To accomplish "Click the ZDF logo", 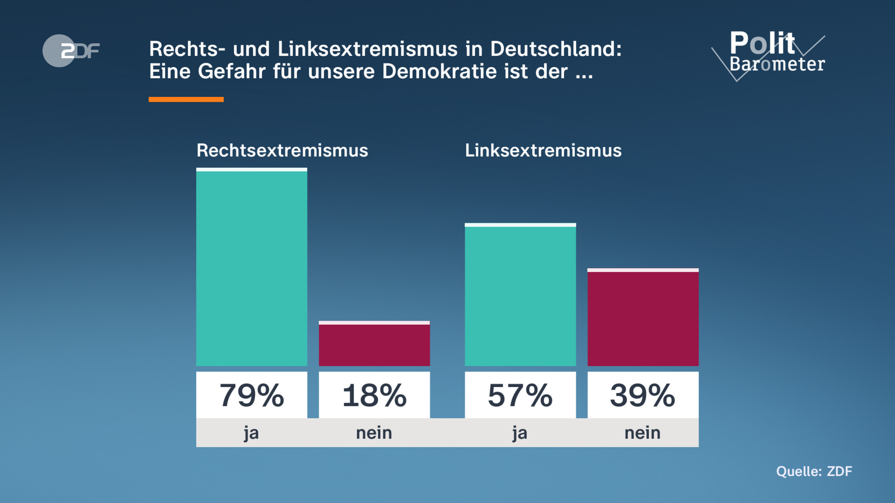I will point(71,51).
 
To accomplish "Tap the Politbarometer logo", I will point(772,54).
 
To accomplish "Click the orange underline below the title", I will point(186,99).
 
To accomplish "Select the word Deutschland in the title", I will point(556,49).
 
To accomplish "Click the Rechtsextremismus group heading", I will point(282,151).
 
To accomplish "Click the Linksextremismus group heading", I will point(543,151).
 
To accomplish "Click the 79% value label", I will point(252,395).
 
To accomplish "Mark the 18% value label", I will point(374,395).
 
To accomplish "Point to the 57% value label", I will point(520,395).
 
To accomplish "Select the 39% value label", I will point(643,395).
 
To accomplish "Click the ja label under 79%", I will point(251,433).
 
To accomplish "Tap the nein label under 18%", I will point(374,433).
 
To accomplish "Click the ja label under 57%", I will point(520,433).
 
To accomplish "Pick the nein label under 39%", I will point(643,433).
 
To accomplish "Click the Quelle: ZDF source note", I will point(814,471).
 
